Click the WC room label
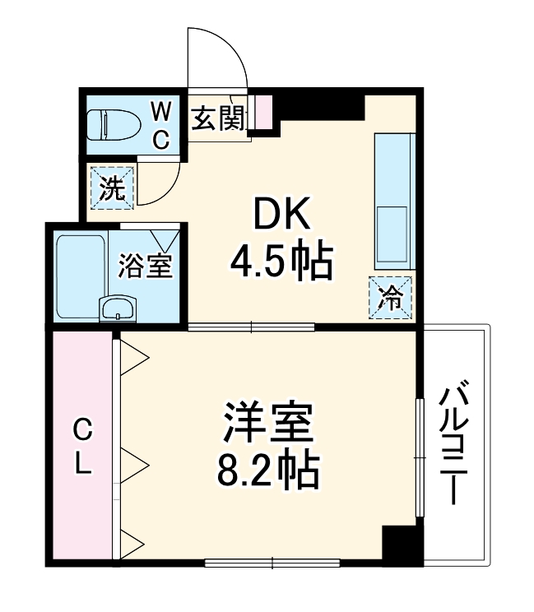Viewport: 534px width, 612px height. point(162,124)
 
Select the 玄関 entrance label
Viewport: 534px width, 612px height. point(217,119)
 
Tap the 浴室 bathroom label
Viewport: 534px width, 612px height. point(146,266)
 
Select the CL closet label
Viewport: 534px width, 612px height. point(82,447)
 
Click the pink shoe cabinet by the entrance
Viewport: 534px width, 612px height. point(262,113)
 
